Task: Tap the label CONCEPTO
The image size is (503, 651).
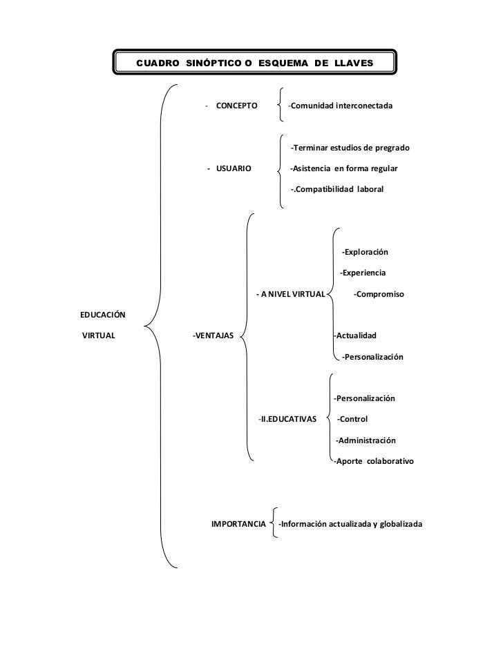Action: point(236,106)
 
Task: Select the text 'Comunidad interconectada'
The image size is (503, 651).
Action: point(341,106)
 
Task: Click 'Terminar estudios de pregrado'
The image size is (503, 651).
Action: point(351,148)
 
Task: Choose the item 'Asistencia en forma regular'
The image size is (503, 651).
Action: point(344,168)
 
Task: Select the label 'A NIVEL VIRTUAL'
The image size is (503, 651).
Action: point(291,295)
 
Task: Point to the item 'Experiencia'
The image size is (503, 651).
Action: point(363,273)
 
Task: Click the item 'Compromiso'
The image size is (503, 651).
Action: point(379,295)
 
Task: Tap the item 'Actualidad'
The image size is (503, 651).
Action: point(355,336)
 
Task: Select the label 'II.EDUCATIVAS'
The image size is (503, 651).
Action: point(287,419)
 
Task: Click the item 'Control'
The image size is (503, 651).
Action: point(352,419)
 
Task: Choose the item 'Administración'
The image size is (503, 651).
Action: point(366,440)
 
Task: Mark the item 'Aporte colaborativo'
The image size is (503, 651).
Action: point(374,461)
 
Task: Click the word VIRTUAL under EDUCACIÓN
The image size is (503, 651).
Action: point(98,336)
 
